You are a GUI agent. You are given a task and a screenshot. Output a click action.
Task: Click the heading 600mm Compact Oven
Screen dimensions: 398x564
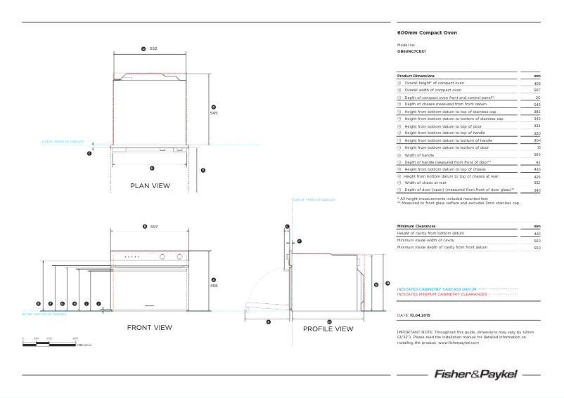tap(422, 33)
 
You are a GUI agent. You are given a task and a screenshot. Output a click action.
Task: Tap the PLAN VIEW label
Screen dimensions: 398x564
tap(150, 186)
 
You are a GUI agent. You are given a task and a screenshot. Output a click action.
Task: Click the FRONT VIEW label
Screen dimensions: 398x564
tap(149, 328)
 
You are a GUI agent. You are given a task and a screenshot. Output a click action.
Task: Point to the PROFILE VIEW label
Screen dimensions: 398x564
tap(328, 329)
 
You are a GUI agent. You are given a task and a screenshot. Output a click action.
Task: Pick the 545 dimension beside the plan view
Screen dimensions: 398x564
tap(214, 112)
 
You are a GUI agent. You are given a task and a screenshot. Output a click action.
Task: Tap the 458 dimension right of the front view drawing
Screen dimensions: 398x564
tap(214, 286)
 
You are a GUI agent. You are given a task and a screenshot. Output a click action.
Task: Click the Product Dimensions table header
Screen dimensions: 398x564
tap(416, 76)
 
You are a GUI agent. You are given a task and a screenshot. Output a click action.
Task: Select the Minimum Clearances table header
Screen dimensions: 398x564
tap(416, 226)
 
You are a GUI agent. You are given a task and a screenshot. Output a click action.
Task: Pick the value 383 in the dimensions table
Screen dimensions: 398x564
tap(537, 112)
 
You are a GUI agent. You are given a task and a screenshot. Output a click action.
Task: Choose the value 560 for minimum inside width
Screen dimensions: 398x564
tap(537, 241)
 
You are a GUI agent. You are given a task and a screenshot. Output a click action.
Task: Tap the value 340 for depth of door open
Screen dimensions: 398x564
tap(537, 190)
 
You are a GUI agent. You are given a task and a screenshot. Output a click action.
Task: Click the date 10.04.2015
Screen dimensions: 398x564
tap(424, 316)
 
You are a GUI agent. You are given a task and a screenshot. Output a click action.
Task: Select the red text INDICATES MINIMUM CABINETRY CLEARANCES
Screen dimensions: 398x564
tap(442, 295)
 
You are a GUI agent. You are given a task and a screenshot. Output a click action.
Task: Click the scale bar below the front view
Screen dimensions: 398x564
tap(49, 343)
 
